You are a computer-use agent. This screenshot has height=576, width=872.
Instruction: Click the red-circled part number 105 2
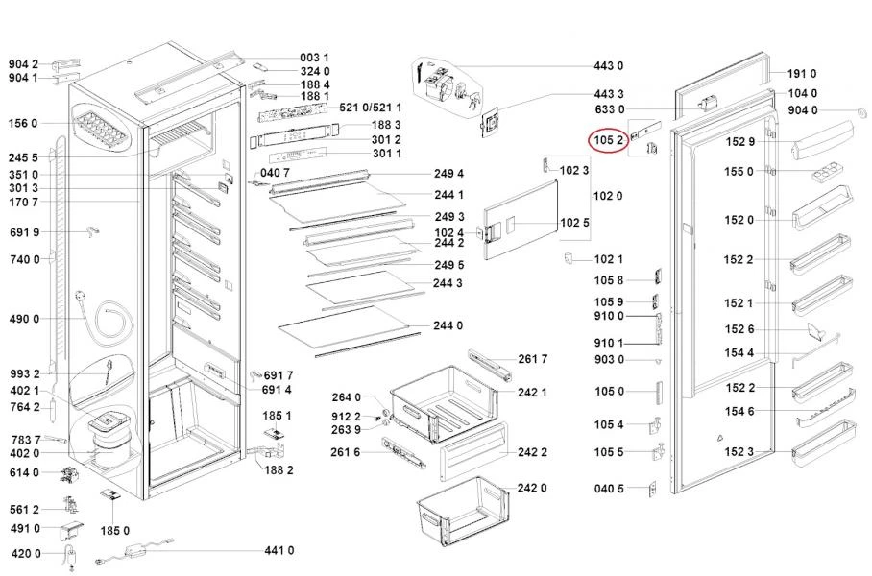pos(609,140)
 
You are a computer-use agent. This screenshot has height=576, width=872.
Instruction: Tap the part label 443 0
pos(608,66)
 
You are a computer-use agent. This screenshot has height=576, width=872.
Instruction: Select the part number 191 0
pos(801,74)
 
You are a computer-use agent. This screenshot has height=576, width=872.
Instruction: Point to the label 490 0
pos(23,319)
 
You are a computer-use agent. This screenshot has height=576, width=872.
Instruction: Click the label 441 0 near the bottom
pos(279,550)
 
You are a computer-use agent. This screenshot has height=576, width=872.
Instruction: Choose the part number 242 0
pos(531,488)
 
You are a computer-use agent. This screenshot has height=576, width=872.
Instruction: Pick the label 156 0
pos(23,124)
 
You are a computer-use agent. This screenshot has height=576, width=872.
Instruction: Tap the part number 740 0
pos(23,259)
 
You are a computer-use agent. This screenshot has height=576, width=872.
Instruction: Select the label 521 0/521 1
pos(357,108)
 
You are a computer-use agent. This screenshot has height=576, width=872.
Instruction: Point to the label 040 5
pos(609,489)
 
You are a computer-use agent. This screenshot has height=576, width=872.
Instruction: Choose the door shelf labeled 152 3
pos(822,434)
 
